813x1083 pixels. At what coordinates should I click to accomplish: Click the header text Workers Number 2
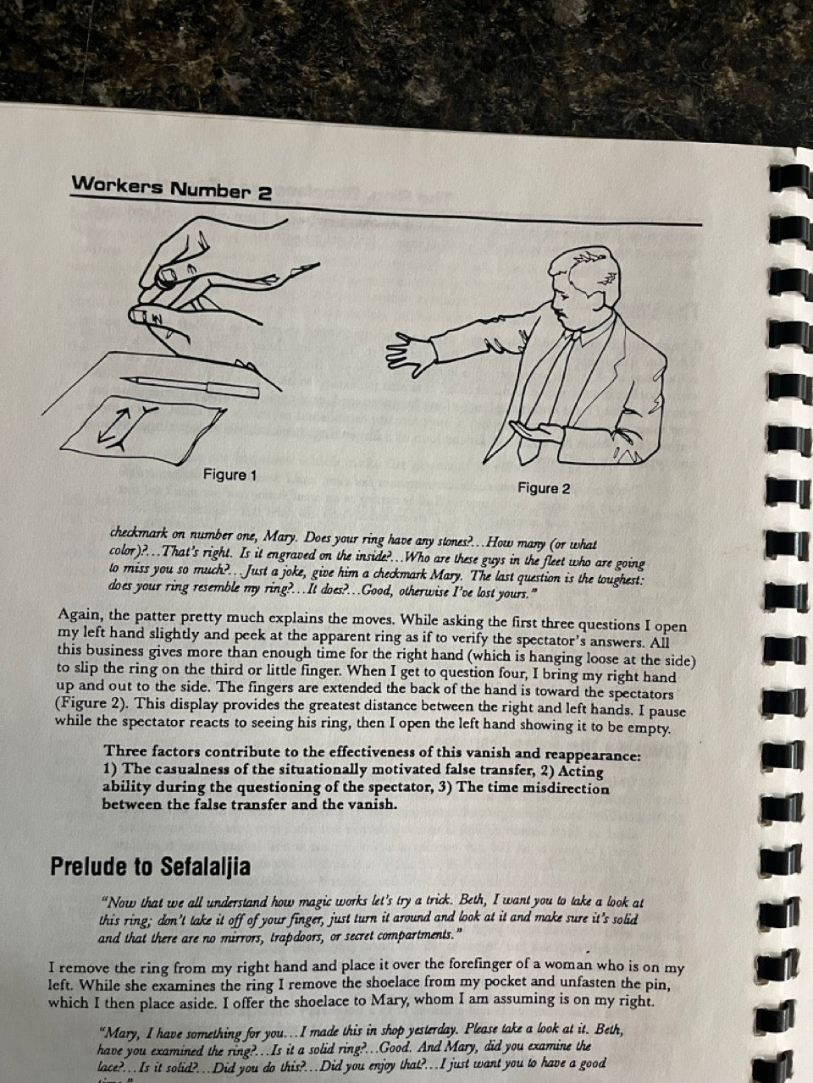click(x=171, y=188)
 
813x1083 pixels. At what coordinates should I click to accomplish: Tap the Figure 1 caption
click(x=230, y=476)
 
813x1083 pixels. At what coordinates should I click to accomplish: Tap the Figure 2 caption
click(x=544, y=488)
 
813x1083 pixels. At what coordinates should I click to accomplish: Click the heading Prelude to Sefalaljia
click(x=150, y=867)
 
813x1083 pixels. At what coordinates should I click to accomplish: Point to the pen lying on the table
click(x=190, y=384)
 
